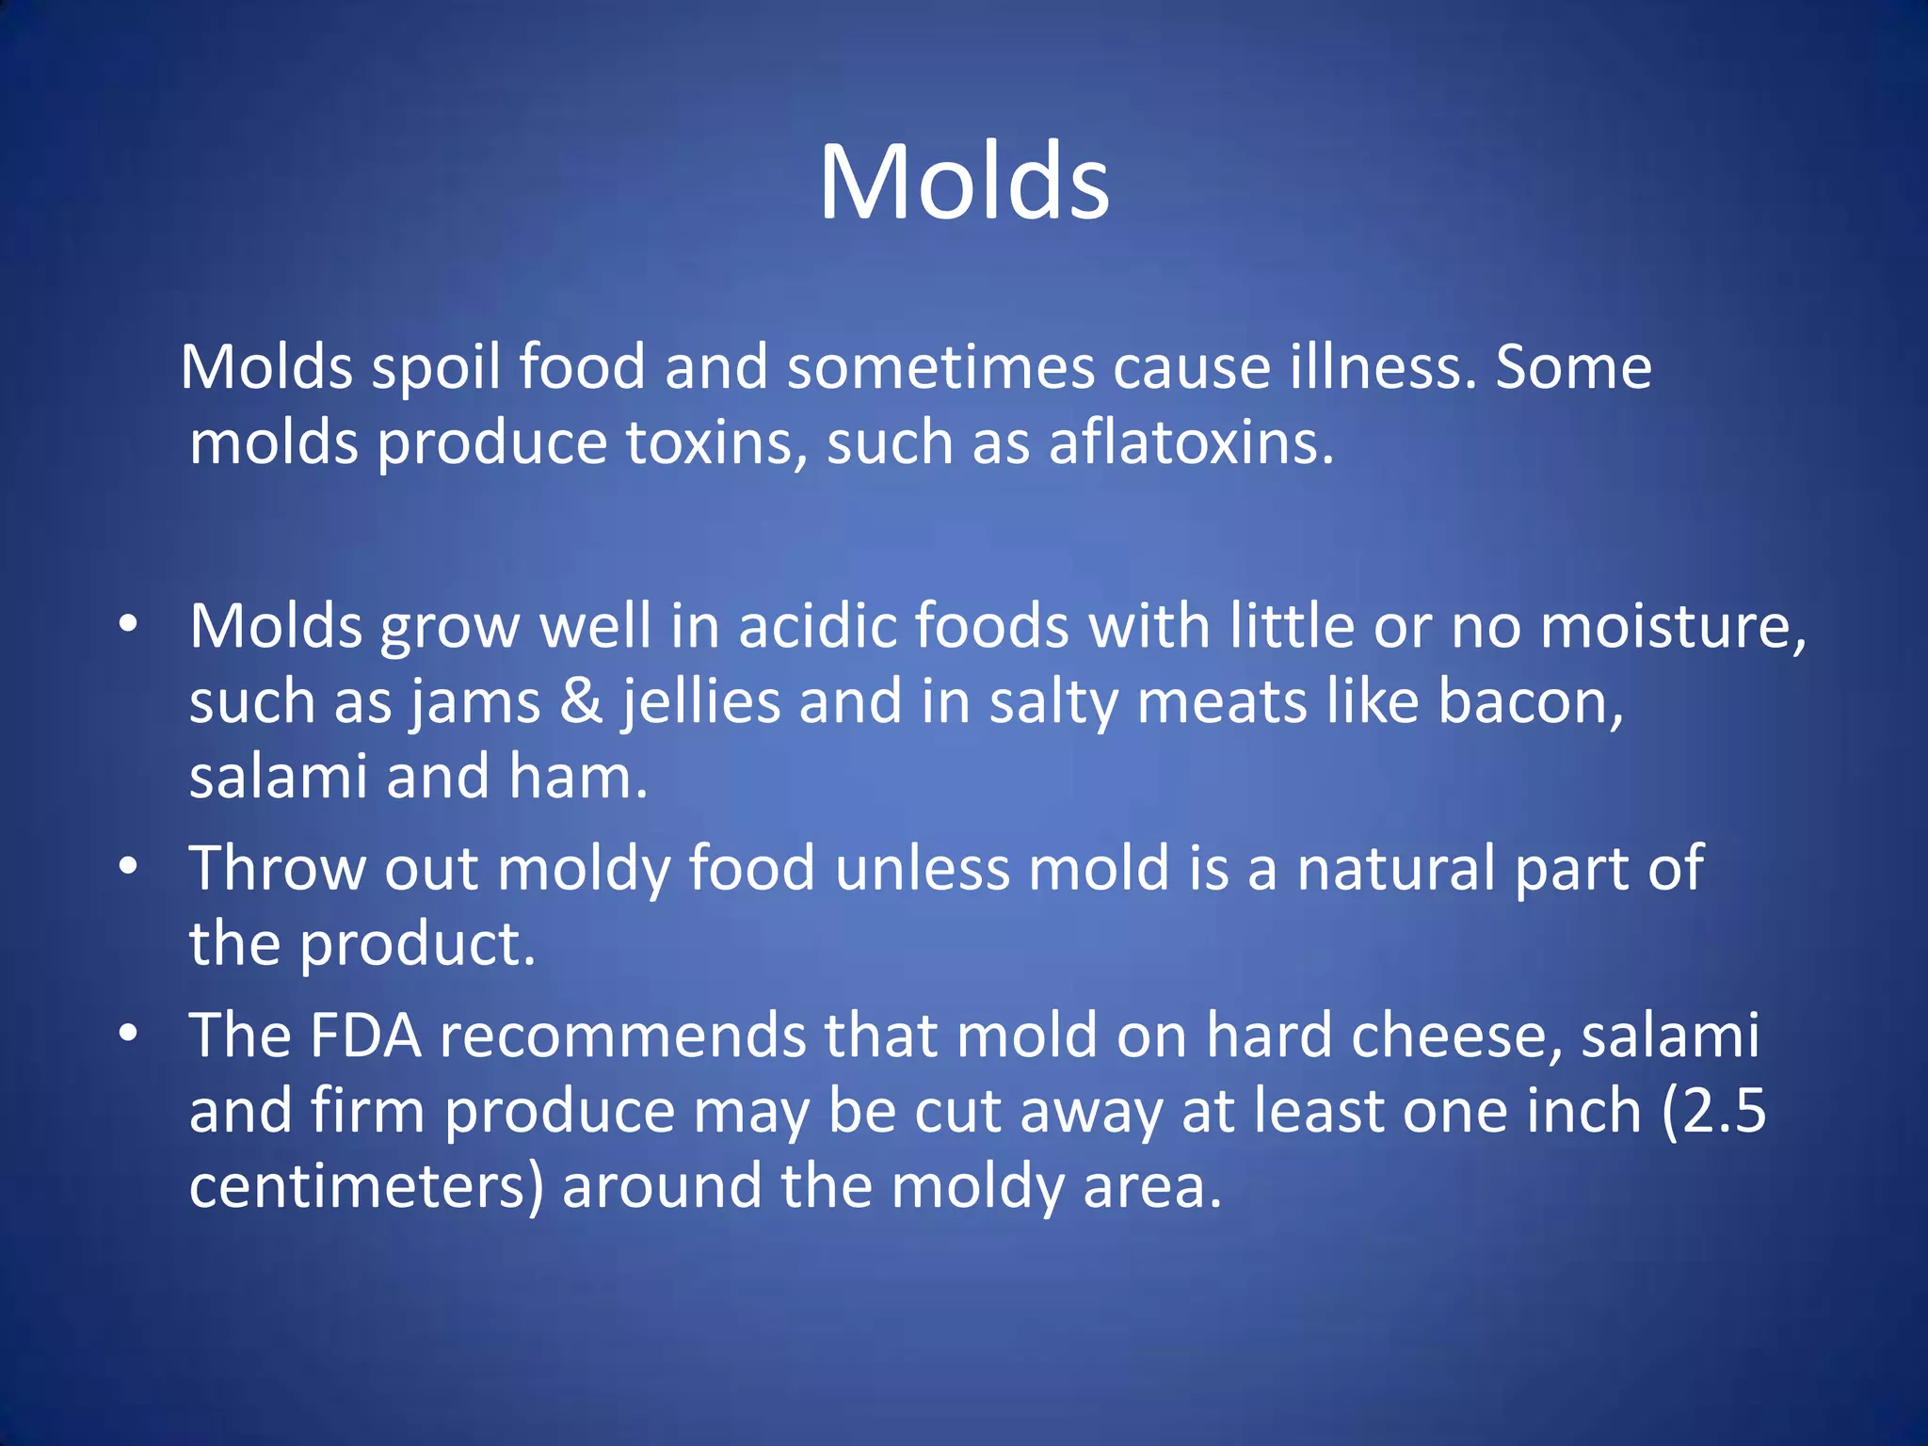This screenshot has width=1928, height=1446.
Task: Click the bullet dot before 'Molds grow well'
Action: tap(128, 624)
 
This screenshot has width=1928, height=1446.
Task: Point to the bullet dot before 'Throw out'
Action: tap(128, 866)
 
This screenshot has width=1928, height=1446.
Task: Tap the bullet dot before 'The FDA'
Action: tap(128, 1034)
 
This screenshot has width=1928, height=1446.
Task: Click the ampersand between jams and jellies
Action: tap(581, 701)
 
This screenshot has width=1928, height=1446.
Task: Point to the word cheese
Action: tap(1454, 1036)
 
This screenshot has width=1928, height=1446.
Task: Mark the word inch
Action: tap(1583, 1111)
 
